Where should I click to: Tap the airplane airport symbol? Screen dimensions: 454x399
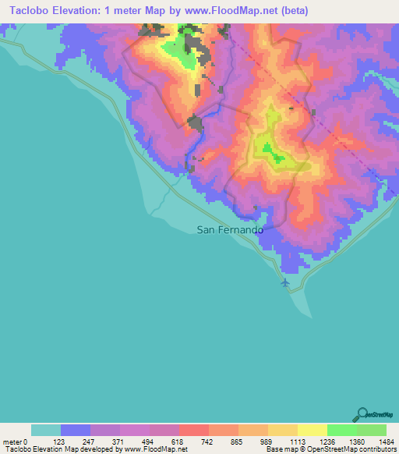[x=285, y=282]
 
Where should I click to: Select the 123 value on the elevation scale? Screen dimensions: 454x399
[x=60, y=442]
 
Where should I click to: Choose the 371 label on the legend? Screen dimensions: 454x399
[x=119, y=442]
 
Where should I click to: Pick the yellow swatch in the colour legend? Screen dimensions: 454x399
[x=312, y=430]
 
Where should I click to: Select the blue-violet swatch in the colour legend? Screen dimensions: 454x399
[x=76, y=430]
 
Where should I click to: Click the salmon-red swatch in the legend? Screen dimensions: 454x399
[x=193, y=430]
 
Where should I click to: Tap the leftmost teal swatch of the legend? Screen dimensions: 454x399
[x=46, y=430]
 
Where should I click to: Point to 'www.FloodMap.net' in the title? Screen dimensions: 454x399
[x=236, y=11]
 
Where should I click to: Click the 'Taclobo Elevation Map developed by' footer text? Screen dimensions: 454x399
[x=55, y=450]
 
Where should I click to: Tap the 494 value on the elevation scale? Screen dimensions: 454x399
[x=150, y=442]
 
